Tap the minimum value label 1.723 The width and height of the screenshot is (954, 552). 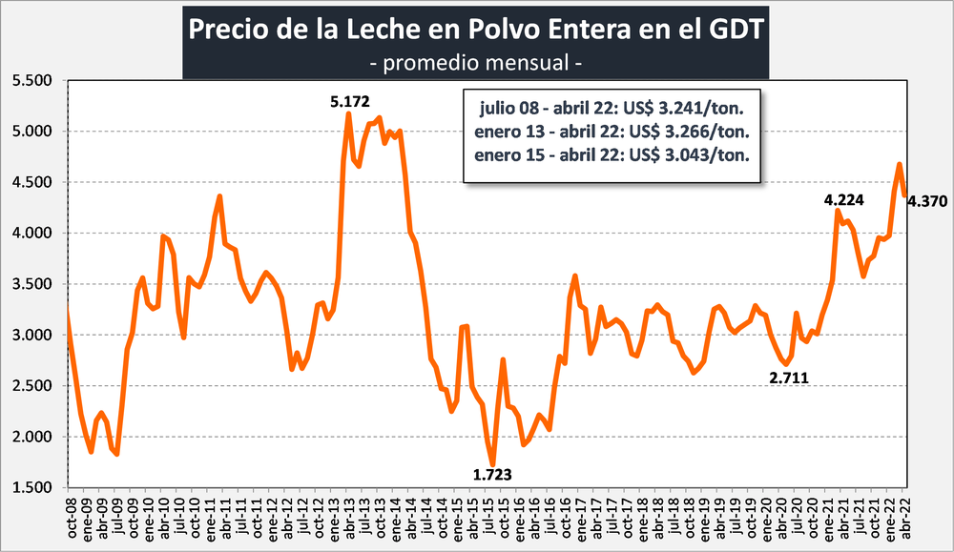(493, 474)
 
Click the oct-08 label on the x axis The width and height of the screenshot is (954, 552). (71, 519)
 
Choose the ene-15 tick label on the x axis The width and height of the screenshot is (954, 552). (456, 519)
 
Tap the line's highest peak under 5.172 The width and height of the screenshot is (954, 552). (349, 114)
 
